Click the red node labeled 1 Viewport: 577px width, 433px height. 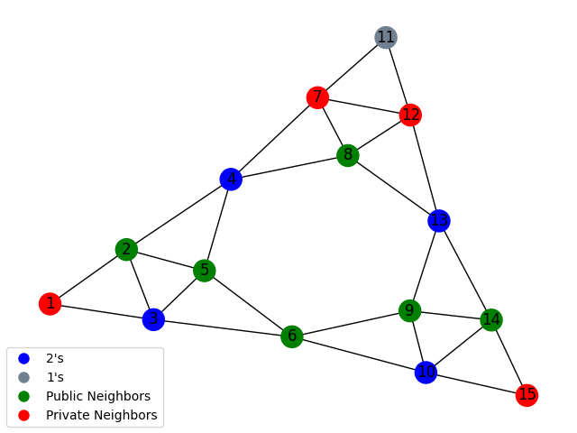click(50, 303)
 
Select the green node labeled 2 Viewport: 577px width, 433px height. click(126, 249)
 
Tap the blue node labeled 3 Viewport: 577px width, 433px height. click(153, 319)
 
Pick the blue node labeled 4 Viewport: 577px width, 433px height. click(231, 179)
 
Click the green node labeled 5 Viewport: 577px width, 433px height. click(205, 271)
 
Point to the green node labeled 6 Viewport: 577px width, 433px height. click(291, 336)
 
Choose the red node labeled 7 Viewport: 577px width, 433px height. click(316, 97)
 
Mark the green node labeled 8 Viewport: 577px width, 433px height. click(347, 155)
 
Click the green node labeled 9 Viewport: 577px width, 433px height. click(410, 311)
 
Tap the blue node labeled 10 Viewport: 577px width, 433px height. click(426, 372)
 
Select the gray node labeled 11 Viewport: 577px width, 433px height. click(386, 37)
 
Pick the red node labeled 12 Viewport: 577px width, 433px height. click(411, 115)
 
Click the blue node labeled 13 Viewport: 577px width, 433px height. click(439, 220)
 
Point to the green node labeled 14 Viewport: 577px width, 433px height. click(491, 319)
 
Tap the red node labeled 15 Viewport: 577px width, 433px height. click(527, 394)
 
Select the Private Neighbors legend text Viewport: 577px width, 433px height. click(102, 415)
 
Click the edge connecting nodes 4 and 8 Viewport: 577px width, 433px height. click(288, 167)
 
